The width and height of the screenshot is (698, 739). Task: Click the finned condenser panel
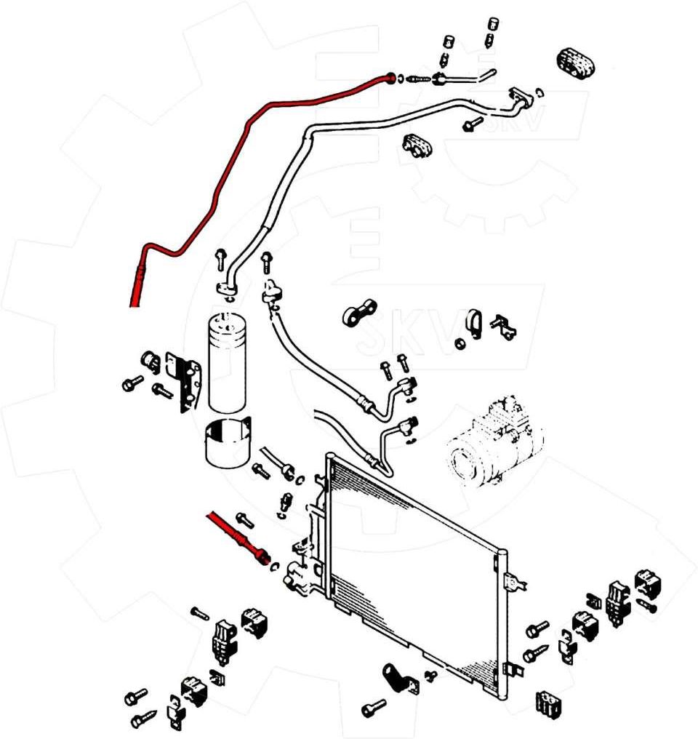click(x=414, y=567)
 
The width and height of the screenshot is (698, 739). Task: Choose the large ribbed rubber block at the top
click(x=576, y=61)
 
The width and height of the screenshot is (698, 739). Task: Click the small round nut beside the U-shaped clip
click(x=460, y=343)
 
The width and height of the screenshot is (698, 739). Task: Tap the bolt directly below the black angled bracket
click(x=374, y=707)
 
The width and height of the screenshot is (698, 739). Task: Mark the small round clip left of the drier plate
click(x=151, y=361)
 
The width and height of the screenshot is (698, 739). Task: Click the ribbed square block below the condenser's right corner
click(x=548, y=702)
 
